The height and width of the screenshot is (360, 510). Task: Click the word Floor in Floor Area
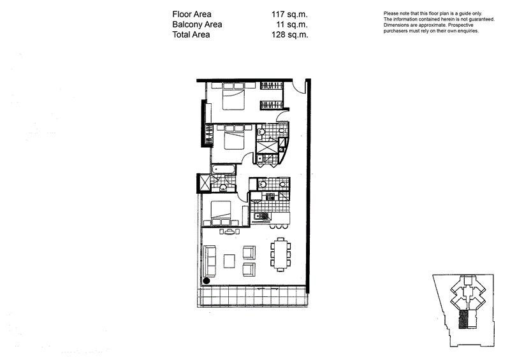(x=183, y=13)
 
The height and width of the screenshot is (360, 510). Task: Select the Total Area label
(x=191, y=35)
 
